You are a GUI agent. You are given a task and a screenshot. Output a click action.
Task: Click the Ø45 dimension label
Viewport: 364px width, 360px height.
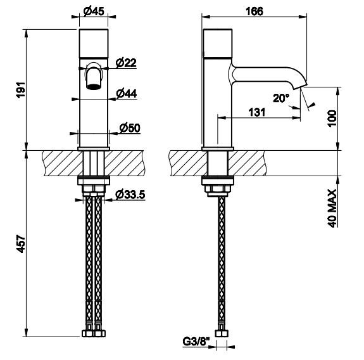coord(94,11)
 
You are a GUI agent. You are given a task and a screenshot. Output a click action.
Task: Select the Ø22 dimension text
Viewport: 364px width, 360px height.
coord(126,63)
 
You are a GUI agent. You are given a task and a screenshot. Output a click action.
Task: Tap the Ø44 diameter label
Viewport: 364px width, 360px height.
coord(127,93)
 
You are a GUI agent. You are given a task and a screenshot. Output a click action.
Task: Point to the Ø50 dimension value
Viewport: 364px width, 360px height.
coord(130,128)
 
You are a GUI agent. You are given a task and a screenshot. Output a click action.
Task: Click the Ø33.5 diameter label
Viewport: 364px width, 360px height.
coord(130,195)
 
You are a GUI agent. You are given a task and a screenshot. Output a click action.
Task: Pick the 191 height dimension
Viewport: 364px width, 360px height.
coord(20,90)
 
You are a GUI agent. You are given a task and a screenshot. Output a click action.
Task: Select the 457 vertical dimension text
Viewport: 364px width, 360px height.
coord(20,244)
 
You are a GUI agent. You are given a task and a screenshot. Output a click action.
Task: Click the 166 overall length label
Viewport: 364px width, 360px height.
coord(254,11)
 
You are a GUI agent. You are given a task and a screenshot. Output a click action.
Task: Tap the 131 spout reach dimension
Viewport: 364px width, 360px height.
coord(257,112)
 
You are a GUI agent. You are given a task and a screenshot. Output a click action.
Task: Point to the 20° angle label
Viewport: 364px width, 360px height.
coord(281,98)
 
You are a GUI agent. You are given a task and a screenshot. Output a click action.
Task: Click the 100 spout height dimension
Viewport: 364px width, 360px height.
coord(332,118)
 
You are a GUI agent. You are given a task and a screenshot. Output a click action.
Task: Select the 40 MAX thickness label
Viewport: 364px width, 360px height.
coord(332,208)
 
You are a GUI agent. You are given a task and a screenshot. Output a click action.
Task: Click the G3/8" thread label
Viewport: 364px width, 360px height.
coord(196,342)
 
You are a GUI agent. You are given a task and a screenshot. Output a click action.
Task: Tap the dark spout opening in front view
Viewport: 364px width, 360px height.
coord(94,86)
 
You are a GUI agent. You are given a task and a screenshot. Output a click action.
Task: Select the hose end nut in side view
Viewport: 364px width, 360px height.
coord(222,333)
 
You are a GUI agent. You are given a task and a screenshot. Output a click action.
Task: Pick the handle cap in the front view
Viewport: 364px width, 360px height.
coord(94,43)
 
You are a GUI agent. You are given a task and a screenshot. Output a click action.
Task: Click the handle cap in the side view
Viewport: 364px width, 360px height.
coord(218,43)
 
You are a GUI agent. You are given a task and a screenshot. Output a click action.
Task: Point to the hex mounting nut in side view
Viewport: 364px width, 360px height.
coord(218,189)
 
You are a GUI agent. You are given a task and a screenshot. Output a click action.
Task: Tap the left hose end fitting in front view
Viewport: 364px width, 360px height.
coord(89,333)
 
